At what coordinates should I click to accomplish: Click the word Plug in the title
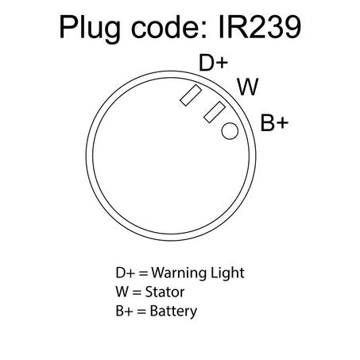(x=90, y=29)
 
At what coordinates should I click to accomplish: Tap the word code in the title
(x=168, y=27)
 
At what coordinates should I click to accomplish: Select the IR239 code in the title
(x=260, y=27)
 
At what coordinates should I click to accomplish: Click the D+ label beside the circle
(x=213, y=63)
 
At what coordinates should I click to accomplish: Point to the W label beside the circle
(x=248, y=87)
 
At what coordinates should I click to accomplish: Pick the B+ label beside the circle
(x=274, y=122)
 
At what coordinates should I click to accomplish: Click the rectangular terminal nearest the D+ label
(x=191, y=95)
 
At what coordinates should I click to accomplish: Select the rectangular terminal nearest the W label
(x=215, y=112)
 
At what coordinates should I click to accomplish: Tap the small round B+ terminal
(x=230, y=131)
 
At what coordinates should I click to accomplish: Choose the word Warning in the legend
(x=178, y=273)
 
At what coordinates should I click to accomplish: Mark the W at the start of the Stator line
(x=122, y=292)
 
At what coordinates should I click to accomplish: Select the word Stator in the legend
(x=165, y=292)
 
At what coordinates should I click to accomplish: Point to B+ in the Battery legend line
(x=124, y=311)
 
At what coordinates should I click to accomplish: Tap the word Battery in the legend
(x=173, y=312)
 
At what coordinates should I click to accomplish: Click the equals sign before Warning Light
(x=143, y=273)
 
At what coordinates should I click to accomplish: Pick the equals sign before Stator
(x=137, y=292)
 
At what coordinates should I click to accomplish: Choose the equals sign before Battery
(x=141, y=312)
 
